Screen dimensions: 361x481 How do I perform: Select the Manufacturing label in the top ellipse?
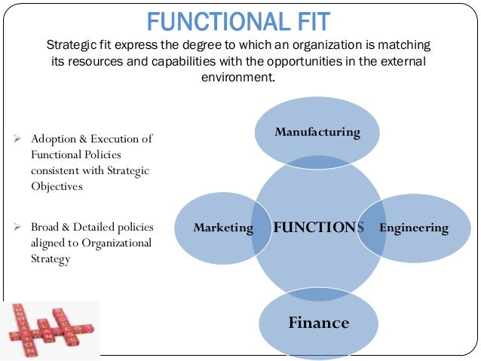click(317, 133)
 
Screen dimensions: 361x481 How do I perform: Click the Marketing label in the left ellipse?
click(223, 228)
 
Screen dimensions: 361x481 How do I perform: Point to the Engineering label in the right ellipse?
click(414, 228)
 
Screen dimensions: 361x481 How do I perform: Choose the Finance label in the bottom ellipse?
click(318, 323)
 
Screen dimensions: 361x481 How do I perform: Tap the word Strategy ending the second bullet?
click(51, 259)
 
